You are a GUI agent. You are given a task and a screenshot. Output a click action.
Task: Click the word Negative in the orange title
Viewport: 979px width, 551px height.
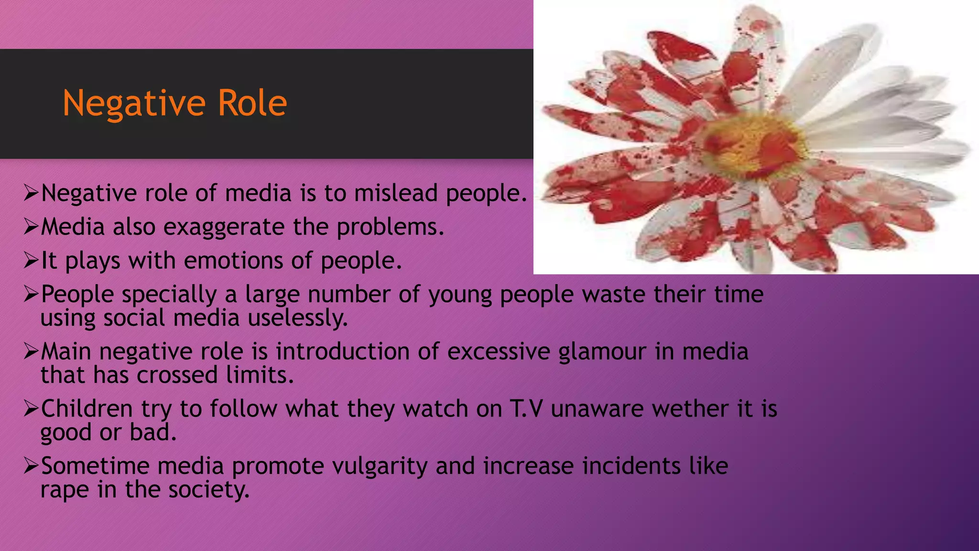coord(134,103)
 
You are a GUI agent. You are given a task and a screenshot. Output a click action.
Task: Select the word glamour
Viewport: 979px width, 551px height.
coord(602,352)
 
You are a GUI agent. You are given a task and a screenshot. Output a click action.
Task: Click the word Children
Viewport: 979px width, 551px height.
coord(87,409)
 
